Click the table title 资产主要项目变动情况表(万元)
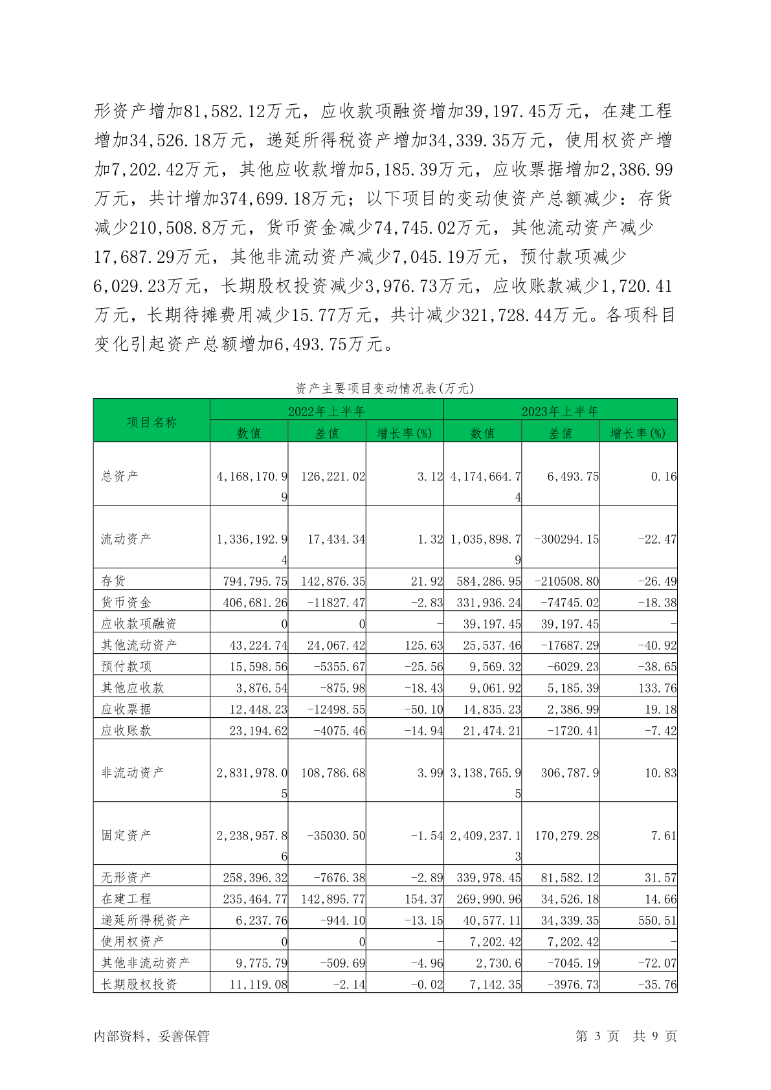(385, 388)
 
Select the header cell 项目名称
(151, 422)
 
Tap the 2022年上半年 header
(326, 411)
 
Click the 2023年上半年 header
(560, 411)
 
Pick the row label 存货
(113, 581)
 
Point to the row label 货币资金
(126, 602)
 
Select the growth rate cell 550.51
(657, 920)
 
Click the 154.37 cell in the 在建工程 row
(424, 898)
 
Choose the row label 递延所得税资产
(145, 920)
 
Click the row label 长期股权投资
(139, 984)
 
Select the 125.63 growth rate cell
(424, 645)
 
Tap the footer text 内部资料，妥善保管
(151, 1036)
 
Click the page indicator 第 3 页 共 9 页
(625, 1036)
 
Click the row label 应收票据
(126, 709)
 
